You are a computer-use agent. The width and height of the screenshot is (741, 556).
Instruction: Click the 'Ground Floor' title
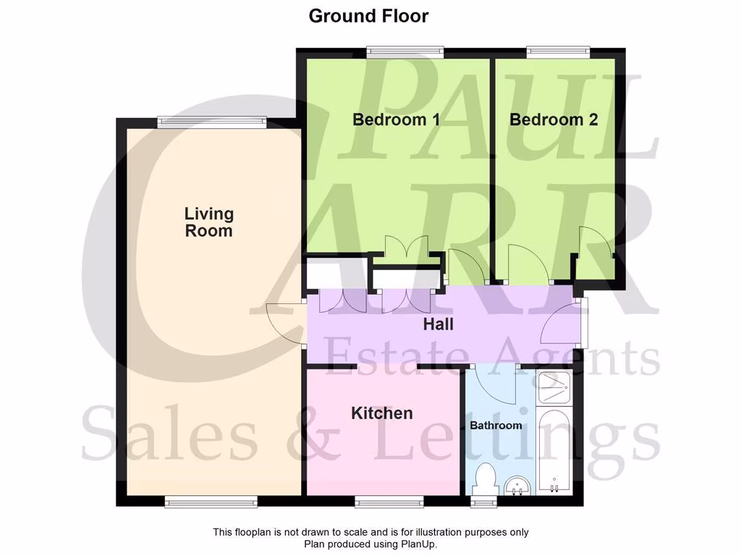click(368, 16)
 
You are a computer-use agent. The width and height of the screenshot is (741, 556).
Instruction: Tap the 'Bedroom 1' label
click(396, 119)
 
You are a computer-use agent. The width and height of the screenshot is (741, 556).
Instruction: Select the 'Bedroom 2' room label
click(554, 119)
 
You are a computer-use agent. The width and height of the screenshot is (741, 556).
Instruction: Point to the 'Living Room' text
click(208, 222)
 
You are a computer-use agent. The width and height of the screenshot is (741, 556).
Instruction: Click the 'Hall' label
click(439, 324)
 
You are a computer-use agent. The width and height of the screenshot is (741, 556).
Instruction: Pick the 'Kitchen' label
click(381, 413)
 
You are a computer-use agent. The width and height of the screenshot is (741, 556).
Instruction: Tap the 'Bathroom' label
click(496, 425)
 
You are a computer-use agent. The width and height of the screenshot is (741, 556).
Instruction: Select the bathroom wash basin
click(517, 485)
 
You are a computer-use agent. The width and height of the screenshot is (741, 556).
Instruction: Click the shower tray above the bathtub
click(558, 388)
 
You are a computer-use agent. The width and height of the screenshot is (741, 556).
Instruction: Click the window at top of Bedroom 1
click(405, 51)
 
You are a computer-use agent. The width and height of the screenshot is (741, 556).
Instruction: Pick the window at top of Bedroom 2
click(558, 51)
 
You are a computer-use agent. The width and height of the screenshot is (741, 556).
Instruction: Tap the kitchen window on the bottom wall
click(389, 500)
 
